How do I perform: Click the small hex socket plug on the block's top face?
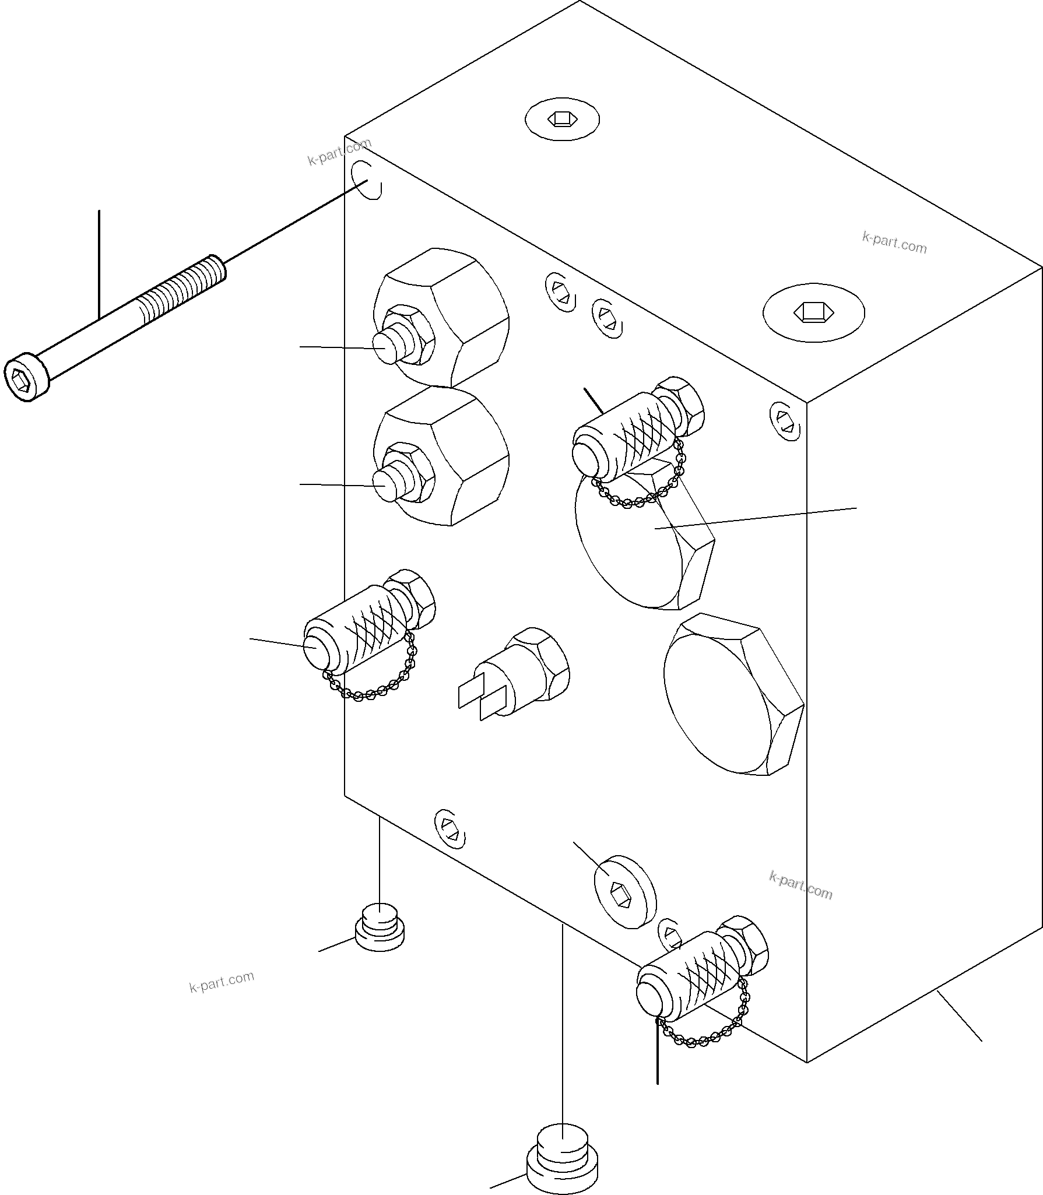pyautogui.click(x=561, y=119)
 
